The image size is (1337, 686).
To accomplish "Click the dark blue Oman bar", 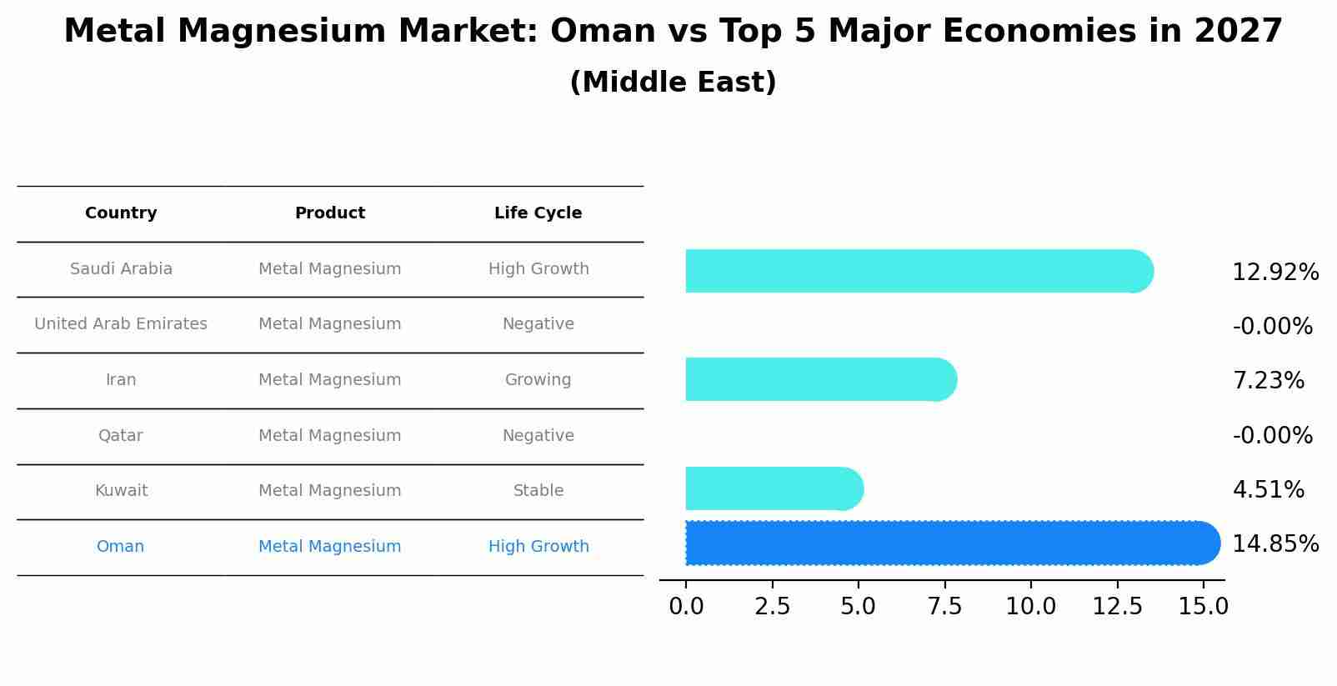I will [950, 543].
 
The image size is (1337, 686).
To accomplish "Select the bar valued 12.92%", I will [917, 271].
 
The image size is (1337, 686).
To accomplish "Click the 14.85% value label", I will [1274, 544].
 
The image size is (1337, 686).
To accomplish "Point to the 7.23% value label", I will [1268, 381].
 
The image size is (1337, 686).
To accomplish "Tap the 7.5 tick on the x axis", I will [944, 607].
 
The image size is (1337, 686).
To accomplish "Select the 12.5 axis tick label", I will [1118, 607].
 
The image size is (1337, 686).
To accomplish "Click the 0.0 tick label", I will [686, 607].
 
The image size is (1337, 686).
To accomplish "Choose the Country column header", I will [121, 213].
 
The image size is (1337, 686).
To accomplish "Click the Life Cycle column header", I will [538, 213].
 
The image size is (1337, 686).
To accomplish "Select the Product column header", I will [329, 213].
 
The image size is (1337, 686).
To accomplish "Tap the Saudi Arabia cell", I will [121, 269].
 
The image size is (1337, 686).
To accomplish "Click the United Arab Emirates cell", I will [121, 324].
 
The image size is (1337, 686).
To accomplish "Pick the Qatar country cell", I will [121, 436].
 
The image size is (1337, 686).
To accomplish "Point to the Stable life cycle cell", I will [538, 491].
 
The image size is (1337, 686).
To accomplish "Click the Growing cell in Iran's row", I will [538, 380].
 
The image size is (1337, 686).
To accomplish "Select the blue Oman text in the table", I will [121, 547].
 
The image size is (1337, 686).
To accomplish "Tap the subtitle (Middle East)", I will [673, 83].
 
